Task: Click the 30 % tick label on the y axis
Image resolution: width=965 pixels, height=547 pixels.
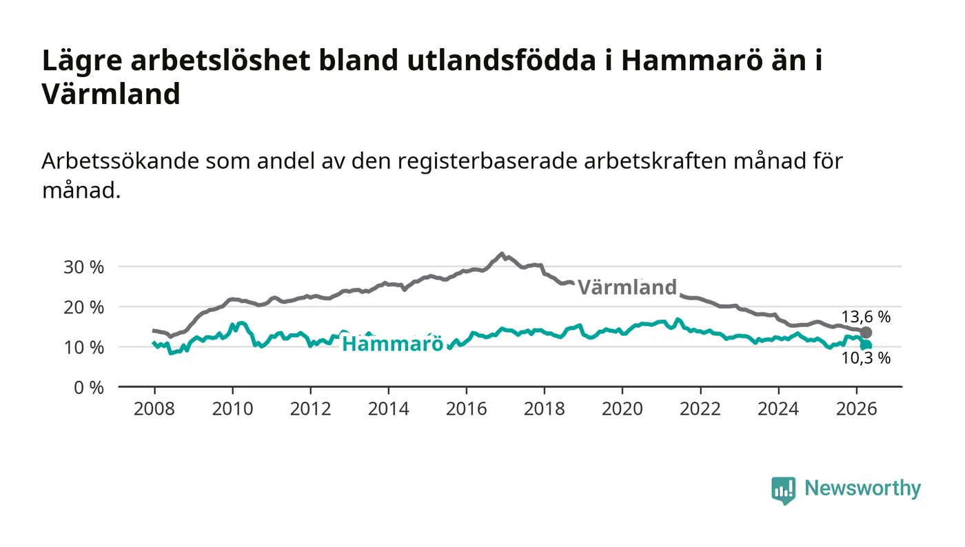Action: (83, 267)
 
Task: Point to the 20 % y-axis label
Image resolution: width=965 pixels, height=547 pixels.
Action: (83, 307)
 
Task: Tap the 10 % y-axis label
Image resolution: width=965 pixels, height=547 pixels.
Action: (83, 348)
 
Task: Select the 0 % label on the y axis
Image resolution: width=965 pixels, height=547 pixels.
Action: (89, 388)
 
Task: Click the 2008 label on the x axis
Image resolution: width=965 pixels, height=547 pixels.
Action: (154, 409)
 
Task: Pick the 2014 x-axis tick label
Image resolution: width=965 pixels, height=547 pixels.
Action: (388, 409)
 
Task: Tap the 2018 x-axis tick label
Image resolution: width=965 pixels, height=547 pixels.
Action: (544, 409)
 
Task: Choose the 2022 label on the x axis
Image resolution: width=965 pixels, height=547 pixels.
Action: (700, 409)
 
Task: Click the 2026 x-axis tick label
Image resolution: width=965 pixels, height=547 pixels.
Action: (856, 409)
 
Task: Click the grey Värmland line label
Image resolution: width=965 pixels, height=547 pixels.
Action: (627, 287)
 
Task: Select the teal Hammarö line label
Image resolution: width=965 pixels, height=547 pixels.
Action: (392, 344)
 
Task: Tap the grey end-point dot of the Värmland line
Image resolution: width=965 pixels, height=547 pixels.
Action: (866, 333)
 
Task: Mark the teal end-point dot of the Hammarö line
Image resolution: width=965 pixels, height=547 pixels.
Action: (866, 345)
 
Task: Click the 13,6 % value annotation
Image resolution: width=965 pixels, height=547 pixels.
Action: (866, 317)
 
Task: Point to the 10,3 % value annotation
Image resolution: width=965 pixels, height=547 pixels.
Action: (866, 358)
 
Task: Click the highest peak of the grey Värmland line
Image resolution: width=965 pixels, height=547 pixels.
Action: (502, 254)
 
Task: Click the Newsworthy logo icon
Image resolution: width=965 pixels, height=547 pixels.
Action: (783, 490)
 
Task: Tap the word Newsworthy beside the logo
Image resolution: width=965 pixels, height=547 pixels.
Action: (862, 488)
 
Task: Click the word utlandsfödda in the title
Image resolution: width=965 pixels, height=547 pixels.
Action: (502, 60)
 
